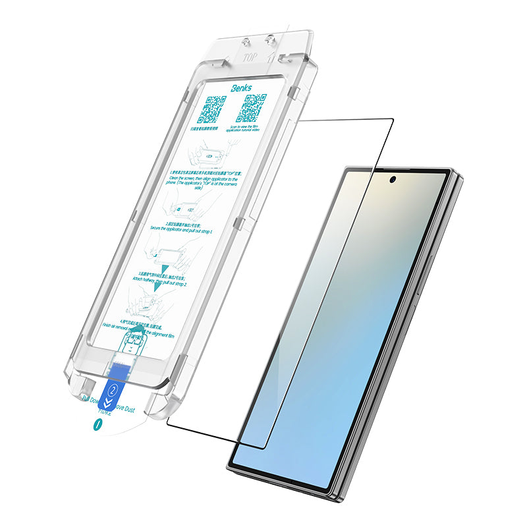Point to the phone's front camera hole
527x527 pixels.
pyautogui.click(x=393, y=179)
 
